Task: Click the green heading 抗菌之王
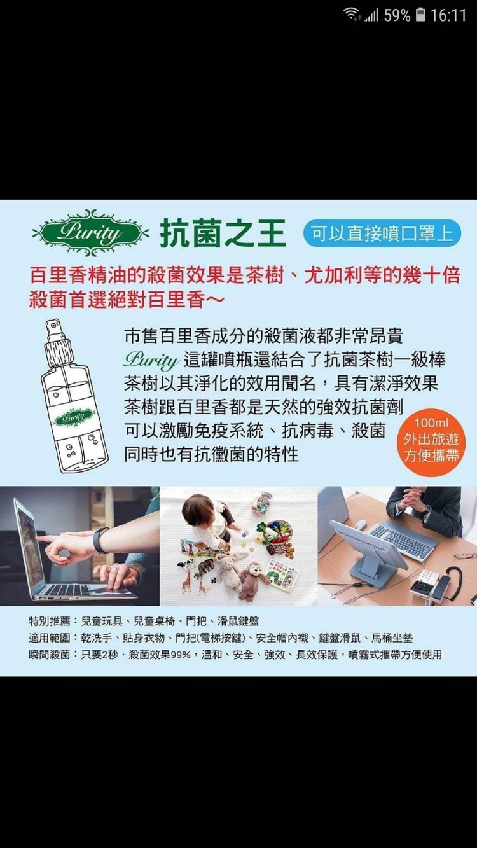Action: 223,233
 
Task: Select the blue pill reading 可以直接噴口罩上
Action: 382,233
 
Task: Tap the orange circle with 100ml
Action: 431,440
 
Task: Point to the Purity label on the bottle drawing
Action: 73,417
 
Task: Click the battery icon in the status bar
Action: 420,15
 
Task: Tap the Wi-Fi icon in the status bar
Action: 351,15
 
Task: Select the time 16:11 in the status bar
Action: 448,15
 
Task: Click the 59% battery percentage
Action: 397,15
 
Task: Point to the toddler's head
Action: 200,508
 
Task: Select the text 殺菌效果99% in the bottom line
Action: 160,655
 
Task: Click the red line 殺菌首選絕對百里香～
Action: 127,300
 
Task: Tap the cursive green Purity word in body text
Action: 151,360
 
